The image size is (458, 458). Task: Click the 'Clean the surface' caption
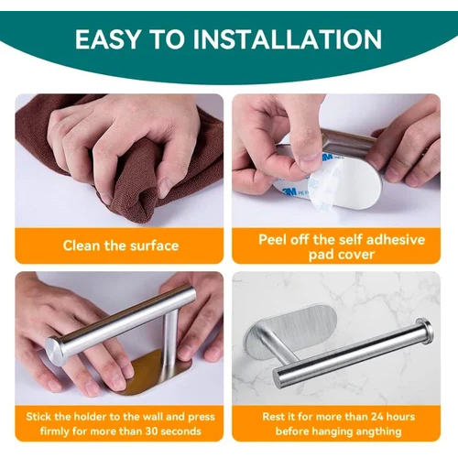(x=120, y=245)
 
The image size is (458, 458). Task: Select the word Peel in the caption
(x=276, y=239)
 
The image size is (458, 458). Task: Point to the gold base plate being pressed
(x=156, y=371)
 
